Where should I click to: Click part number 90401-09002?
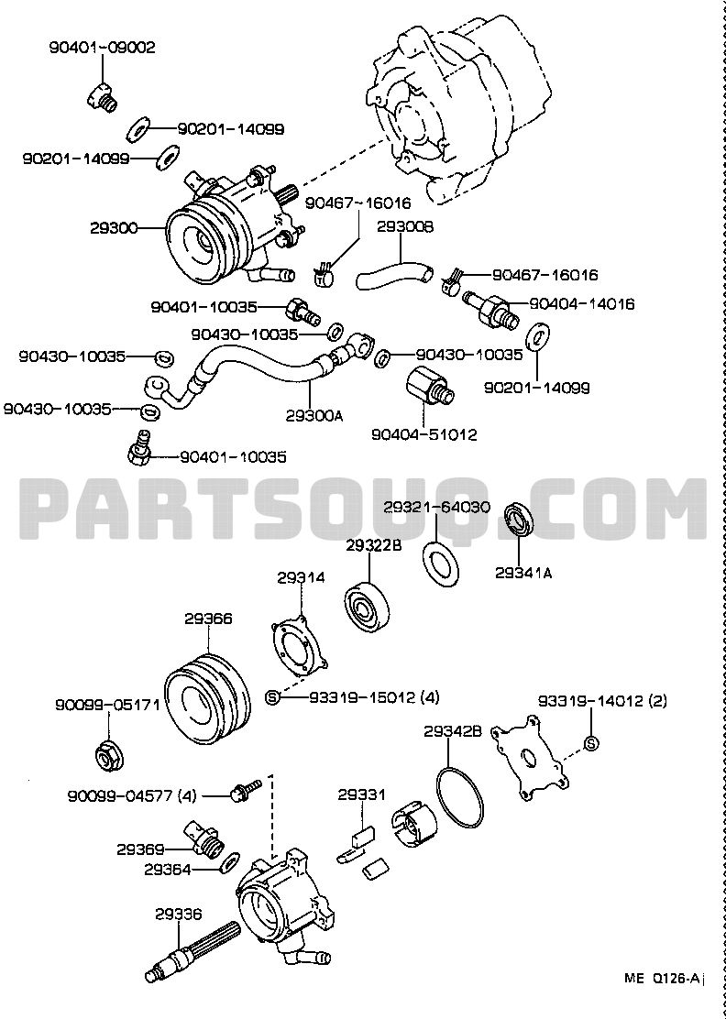tap(102, 48)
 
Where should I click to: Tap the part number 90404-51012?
tap(423, 433)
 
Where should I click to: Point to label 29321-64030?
tap(435, 506)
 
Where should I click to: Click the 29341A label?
tap(523, 573)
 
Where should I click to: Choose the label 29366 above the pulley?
tap(208, 619)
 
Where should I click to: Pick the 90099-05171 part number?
tap(107, 707)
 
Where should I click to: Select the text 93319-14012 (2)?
tap(615, 702)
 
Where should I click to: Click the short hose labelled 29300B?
tap(391, 271)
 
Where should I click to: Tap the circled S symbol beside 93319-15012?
tap(271, 698)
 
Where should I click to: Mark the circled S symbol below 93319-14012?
tap(591, 742)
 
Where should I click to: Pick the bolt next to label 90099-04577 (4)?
tap(247, 788)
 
